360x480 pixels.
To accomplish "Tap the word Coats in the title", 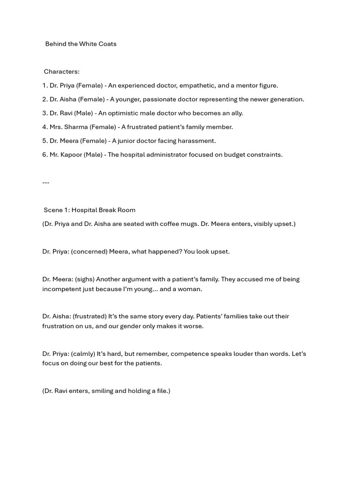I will [107, 44].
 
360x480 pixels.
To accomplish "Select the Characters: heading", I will [61, 72].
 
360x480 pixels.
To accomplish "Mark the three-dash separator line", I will [45, 182].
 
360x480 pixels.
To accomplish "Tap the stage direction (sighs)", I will [84, 279].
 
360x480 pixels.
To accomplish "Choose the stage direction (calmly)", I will [83, 354].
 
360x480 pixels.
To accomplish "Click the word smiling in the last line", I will [102, 391].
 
